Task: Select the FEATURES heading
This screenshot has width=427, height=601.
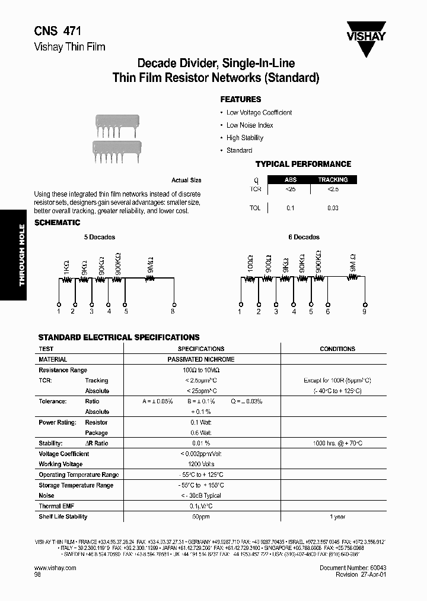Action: pos(240,99)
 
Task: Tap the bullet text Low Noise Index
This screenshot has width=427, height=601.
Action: pos(250,125)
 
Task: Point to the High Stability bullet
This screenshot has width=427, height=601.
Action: pos(244,138)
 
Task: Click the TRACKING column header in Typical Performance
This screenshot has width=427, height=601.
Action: pos(333,179)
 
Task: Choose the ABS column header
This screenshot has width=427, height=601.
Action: pos(291,179)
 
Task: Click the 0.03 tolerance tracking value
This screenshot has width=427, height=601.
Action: pos(333,208)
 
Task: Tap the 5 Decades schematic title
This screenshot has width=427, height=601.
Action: pos(99,237)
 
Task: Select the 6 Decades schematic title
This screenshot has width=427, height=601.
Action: pos(304,237)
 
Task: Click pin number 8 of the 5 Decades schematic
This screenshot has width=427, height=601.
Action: pos(173,311)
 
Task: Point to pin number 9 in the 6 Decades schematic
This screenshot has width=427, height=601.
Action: pos(365,311)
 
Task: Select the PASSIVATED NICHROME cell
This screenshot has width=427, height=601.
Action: pos(201,359)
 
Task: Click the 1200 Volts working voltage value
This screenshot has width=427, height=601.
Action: pos(201,464)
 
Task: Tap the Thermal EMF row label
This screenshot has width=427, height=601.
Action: pos(58,506)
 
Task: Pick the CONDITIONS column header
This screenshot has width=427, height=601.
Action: pos(337,349)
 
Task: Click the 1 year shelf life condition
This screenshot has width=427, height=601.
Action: pos(337,517)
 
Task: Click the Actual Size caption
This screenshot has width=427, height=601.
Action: pos(186,180)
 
